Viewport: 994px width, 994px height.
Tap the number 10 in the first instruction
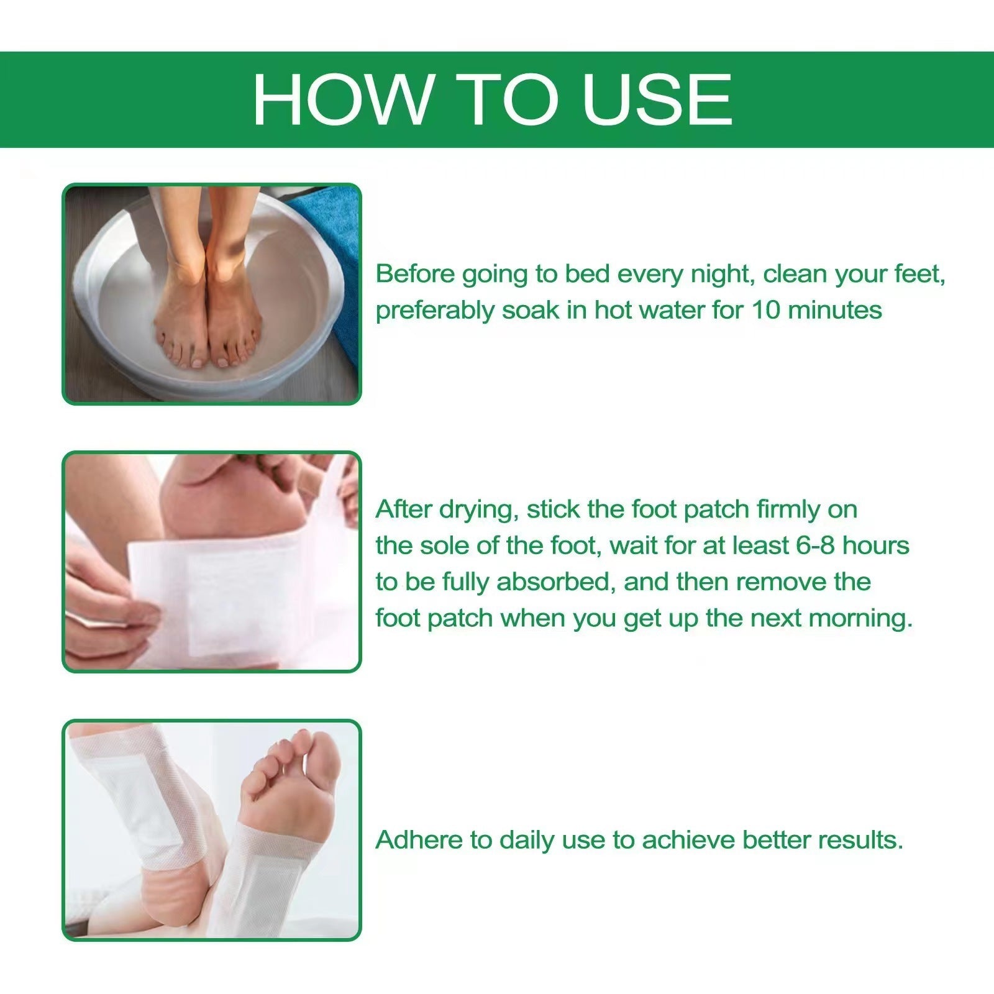(765, 310)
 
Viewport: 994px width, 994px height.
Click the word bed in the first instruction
(586, 274)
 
